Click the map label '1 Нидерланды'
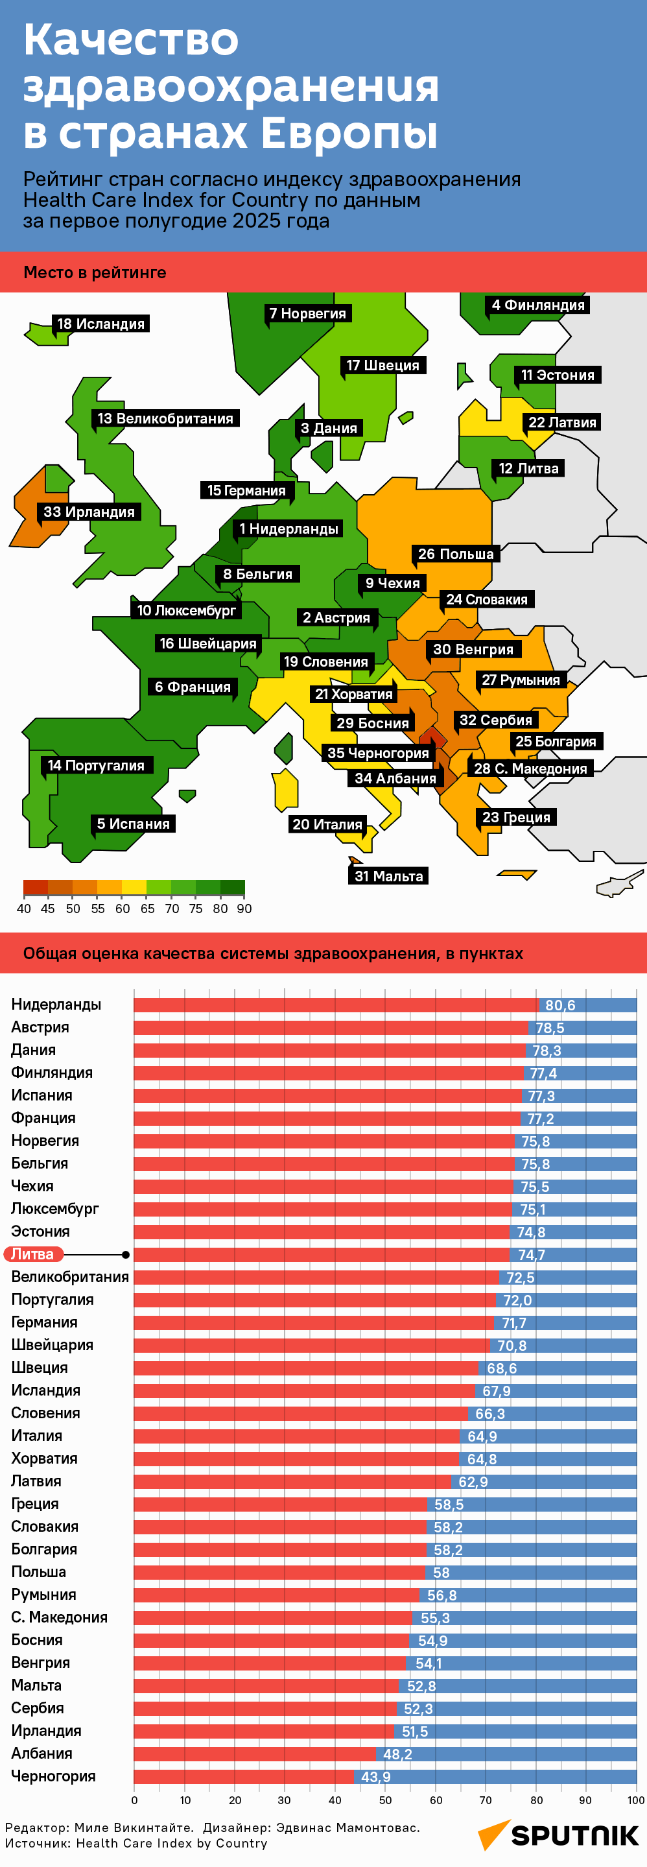(289, 529)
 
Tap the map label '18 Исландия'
(100, 324)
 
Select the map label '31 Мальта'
(388, 876)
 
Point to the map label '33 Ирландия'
(89, 512)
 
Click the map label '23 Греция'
(516, 818)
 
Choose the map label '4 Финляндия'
(537, 305)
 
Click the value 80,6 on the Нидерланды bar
(560, 1005)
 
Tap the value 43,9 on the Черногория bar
(376, 1776)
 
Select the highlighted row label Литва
(33, 1254)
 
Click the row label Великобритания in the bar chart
(69, 1276)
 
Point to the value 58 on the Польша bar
(441, 1572)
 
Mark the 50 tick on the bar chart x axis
(386, 1800)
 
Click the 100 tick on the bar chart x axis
(635, 1800)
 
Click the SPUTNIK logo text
(574, 1835)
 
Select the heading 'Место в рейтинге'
(95, 272)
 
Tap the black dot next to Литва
(126, 1255)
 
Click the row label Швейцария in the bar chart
(52, 1344)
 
